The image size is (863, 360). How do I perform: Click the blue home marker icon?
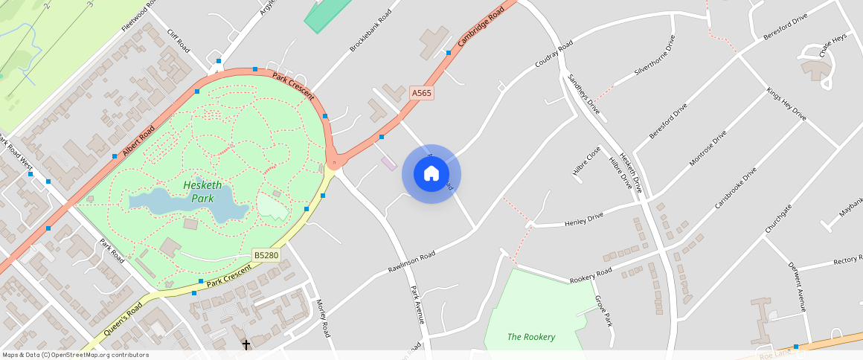pos(431,174)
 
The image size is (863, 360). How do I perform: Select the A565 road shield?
pos(421,94)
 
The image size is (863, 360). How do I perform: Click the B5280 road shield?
pos(266,254)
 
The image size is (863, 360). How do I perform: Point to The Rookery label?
pos(531,337)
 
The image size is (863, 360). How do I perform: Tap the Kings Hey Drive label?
pos(786,104)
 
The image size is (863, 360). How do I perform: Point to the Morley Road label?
pos(323,318)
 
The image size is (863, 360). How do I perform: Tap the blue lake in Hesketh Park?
pos(186,203)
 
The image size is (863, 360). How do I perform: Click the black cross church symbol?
pos(246,344)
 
